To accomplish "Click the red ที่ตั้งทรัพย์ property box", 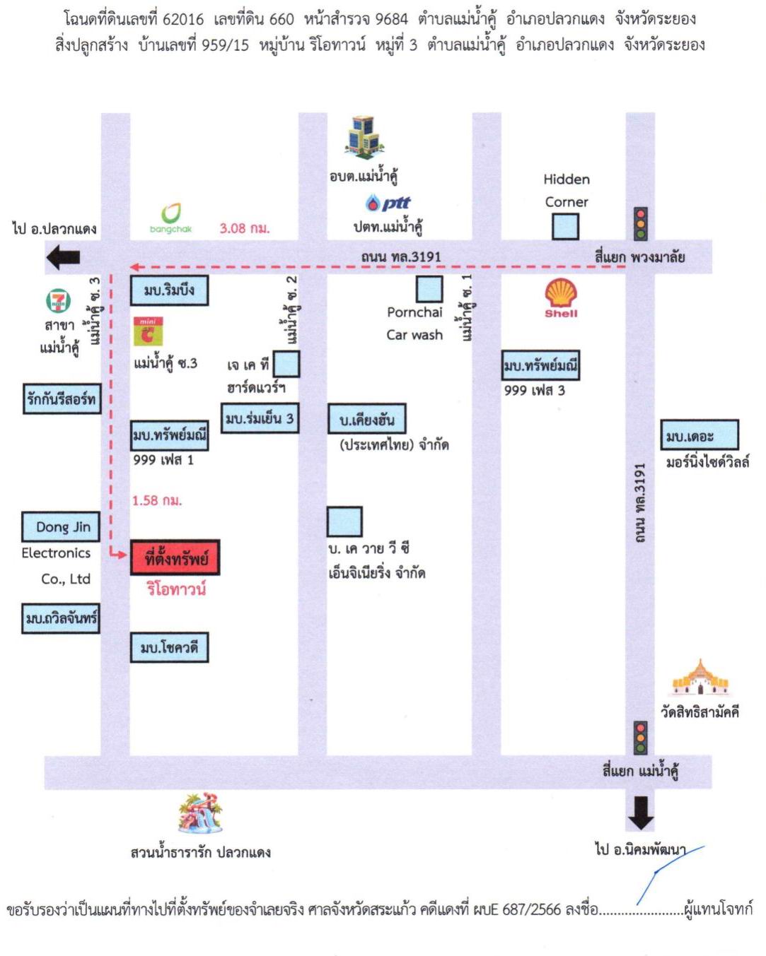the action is (x=175, y=557).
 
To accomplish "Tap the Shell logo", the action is (x=561, y=297).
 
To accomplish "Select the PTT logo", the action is (x=388, y=203).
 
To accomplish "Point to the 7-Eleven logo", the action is (x=58, y=300).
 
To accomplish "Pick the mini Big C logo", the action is (x=148, y=331).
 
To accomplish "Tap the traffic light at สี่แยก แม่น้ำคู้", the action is (x=640, y=738).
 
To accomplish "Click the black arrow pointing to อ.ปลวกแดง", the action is (x=63, y=258).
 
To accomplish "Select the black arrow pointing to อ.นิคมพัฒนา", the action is (x=641, y=813).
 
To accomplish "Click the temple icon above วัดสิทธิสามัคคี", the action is (x=700, y=677).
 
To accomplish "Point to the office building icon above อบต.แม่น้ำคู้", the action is (x=364, y=137).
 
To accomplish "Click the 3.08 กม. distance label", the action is (x=245, y=228).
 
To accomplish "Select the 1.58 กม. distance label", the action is (x=157, y=501).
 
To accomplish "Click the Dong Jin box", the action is (x=61, y=526).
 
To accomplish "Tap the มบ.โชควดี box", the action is (x=169, y=647).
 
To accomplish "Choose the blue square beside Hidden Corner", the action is (x=565, y=227).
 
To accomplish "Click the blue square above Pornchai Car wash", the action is (x=429, y=289).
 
